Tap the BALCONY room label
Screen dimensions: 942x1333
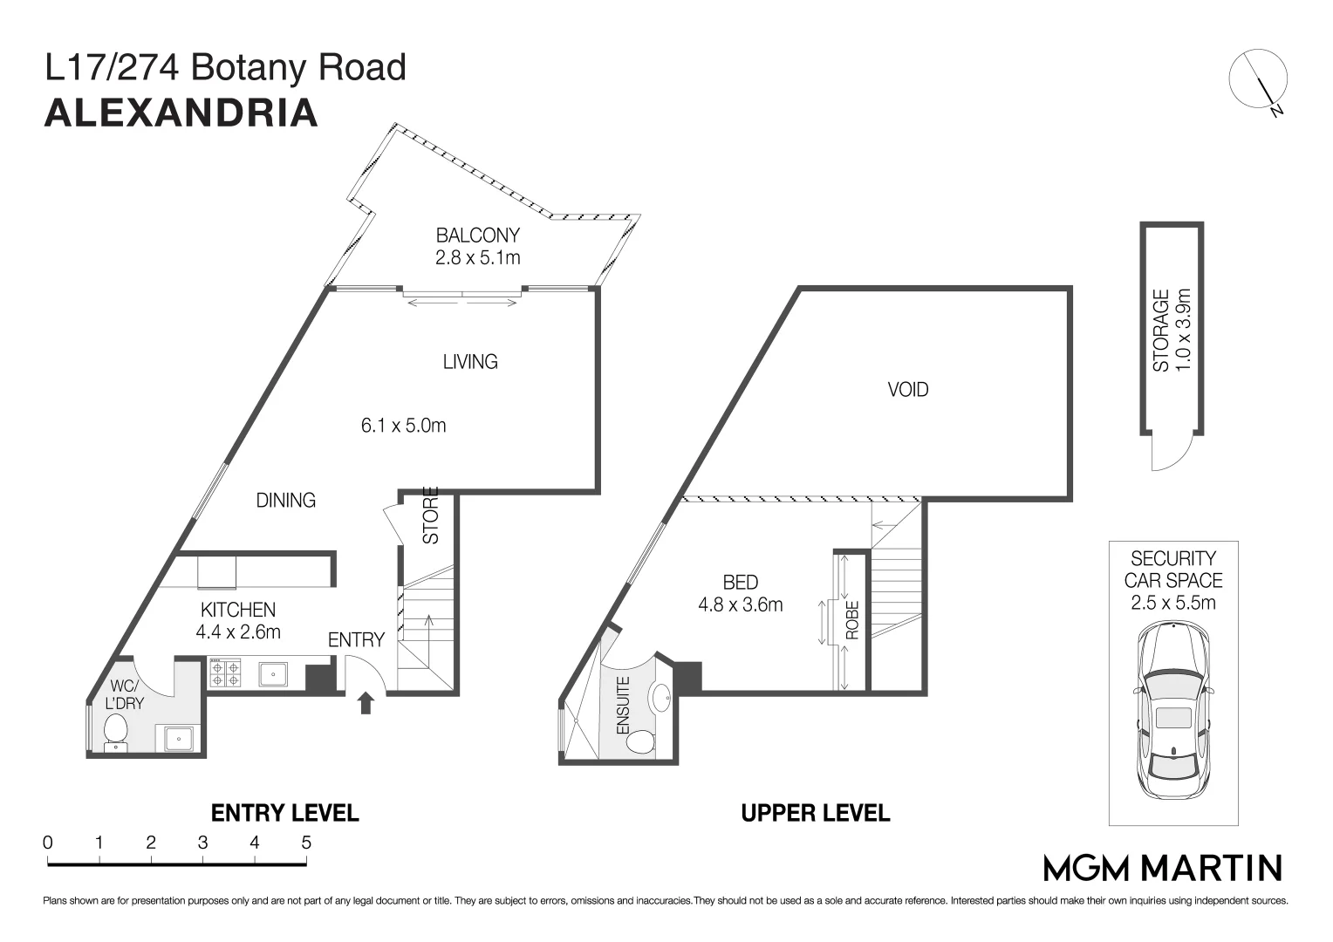(477, 235)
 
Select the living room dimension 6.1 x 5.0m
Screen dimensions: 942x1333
(403, 426)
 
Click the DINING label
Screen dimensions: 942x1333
(285, 501)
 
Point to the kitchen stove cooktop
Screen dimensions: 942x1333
(225, 674)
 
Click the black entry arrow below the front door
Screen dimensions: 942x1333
(366, 703)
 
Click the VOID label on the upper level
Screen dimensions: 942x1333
(907, 390)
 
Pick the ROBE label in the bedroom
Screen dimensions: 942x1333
(852, 620)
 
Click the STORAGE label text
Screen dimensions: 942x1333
(1161, 331)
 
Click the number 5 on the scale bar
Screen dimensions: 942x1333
(305, 843)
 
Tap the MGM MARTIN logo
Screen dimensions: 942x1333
(1163, 868)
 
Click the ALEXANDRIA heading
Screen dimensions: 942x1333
(181, 113)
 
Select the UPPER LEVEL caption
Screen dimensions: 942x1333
(815, 813)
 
